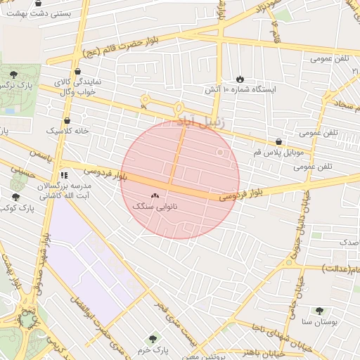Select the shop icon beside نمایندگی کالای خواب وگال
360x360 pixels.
click(77, 71)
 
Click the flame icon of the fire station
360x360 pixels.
click(240, 79)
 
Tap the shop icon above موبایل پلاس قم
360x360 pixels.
click(279, 141)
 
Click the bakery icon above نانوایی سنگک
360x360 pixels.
click(155, 195)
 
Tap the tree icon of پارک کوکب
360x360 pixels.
click(15, 198)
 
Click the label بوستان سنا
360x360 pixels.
click(320, 321)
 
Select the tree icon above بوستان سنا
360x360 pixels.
click(320, 310)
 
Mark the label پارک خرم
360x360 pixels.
click(153, 349)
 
